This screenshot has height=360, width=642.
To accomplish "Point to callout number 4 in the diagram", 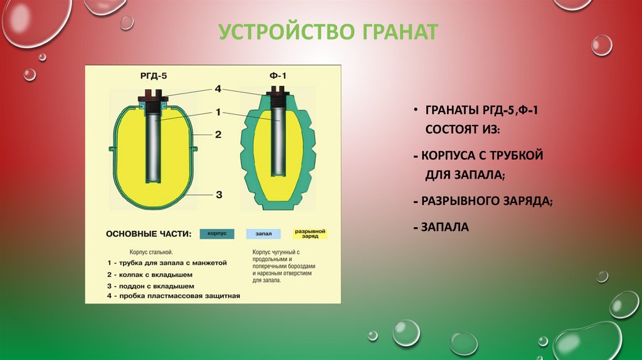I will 218,89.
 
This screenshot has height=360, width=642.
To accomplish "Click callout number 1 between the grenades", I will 218,112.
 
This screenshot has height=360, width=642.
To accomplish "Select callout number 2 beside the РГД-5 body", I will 218,134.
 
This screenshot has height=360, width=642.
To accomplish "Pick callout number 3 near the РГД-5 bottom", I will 218,194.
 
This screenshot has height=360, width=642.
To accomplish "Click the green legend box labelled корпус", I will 217,233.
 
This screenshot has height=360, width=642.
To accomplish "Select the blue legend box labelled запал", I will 263,233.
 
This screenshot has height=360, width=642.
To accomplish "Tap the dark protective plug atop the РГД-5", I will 153,94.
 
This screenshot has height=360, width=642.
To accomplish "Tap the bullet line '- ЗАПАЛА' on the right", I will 441,226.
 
